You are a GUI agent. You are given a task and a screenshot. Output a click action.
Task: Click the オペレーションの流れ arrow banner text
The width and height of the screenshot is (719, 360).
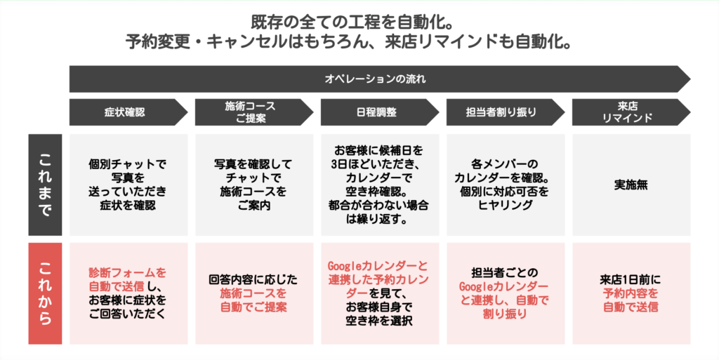click(x=375, y=79)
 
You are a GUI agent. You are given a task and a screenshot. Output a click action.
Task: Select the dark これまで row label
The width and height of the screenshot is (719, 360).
click(x=45, y=185)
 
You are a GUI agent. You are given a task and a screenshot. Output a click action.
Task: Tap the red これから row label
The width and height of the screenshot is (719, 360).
click(x=45, y=293)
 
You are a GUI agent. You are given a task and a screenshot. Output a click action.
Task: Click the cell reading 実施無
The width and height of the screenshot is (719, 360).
click(x=631, y=185)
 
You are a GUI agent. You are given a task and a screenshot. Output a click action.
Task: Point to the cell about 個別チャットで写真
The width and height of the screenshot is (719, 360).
click(x=128, y=185)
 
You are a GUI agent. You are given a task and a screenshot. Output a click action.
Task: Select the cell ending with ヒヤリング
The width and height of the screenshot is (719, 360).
click(x=506, y=185)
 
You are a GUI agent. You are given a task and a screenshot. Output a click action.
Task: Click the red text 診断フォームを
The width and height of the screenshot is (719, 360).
click(x=128, y=273)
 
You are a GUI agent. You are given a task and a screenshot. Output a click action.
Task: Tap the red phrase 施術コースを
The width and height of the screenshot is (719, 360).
click(x=253, y=293)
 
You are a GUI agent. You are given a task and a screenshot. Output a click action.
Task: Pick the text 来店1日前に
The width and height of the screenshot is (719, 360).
click(x=631, y=279)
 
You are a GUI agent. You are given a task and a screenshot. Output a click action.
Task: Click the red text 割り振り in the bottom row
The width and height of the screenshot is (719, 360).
click(x=504, y=314)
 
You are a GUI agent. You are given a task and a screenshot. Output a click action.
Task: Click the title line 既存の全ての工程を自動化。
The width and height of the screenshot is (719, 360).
click(x=352, y=22)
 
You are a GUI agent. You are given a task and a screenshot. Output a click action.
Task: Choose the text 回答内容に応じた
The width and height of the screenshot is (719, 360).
click(x=253, y=279)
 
